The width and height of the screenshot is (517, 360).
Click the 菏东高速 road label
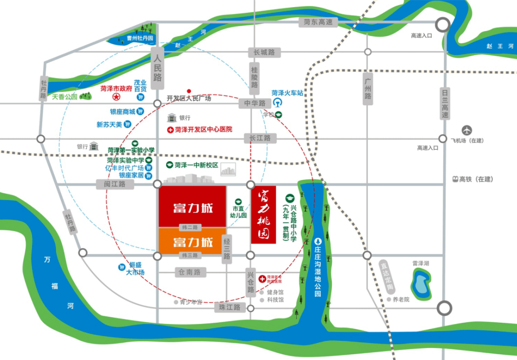pyautogui.click(x=318, y=22)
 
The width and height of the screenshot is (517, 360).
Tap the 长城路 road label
pyautogui.click(x=264, y=52)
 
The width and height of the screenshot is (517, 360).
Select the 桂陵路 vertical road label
pyautogui.click(x=255, y=77)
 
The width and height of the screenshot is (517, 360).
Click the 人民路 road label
pyautogui.click(x=157, y=67)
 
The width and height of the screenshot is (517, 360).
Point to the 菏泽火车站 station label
pyautogui.click(x=287, y=93)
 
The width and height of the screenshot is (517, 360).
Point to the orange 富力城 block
pyautogui.click(x=190, y=241)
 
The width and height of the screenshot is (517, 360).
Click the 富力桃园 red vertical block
pyautogui.click(x=264, y=214)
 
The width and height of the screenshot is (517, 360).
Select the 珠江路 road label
pyautogui.click(x=230, y=307)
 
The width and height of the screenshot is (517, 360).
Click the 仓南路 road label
pyautogui.click(x=189, y=272)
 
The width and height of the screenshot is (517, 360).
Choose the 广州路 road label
pyautogui.click(x=368, y=88)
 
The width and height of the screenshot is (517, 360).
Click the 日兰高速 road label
pyautogui.click(x=445, y=105)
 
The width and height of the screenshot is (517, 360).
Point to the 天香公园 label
pyautogui.click(x=65, y=96)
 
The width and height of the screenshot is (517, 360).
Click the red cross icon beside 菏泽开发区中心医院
pyautogui.click(x=170, y=130)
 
